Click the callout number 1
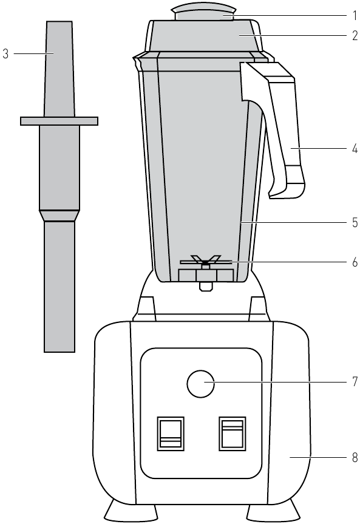(x=355, y=15)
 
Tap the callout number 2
(x=355, y=35)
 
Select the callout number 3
(x=5, y=53)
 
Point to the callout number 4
(x=355, y=148)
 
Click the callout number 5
(x=355, y=223)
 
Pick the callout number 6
(x=355, y=262)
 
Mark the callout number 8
(x=355, y=457)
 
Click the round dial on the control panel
(x=200, y=384)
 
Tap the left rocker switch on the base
(x=171, y=434)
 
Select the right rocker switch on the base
(x=233, y=434)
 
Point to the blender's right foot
(x=274, y=511)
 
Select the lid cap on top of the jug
(x=204, y=13)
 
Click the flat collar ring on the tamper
(x=59, y=121)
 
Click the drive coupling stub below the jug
(x=206, y=287)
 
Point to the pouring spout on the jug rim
(x=137, y=63)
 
